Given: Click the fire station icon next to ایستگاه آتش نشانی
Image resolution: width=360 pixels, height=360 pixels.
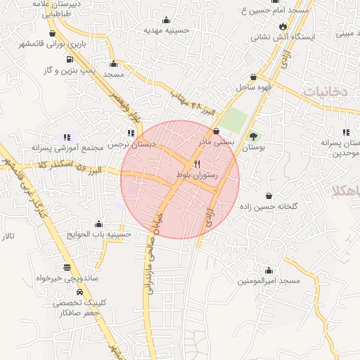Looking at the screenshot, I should [x=283, y=27].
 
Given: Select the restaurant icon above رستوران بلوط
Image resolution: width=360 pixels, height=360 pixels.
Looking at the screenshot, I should [x=197, y=162].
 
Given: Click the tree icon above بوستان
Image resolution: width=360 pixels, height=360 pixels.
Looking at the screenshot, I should [x=252, y=136].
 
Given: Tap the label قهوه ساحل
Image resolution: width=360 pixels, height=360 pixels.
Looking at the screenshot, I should [x=254, y=87].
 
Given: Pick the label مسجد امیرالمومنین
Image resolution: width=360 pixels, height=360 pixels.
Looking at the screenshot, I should [x=269, y=281].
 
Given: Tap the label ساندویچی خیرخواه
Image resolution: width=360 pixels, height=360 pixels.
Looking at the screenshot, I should [x=66, y=278].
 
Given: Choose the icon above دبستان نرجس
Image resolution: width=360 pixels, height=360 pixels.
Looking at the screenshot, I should [x=131, y=132].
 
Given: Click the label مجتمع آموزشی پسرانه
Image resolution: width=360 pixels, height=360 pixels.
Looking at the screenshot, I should [x=67, y=148].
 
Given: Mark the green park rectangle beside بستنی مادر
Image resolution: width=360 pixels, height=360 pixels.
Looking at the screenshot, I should [x=235, y=120].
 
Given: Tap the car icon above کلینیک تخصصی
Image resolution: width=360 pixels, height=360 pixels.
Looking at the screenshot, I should [x=80, y=292].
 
